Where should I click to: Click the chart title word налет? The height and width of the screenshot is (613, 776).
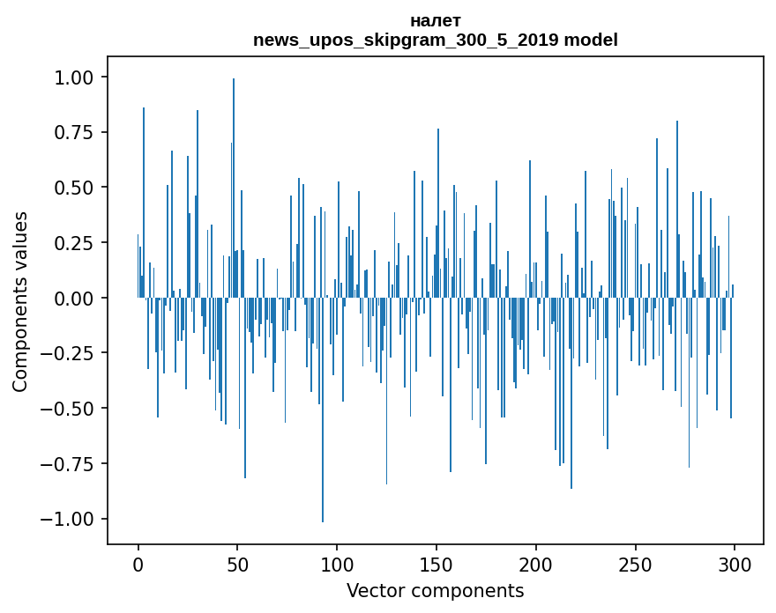435,20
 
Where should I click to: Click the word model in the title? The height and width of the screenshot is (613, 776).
591,40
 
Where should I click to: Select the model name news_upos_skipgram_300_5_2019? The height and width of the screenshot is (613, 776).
407,40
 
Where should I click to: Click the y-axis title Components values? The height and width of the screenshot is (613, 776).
20,302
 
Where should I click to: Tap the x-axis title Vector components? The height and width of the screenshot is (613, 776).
435,590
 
